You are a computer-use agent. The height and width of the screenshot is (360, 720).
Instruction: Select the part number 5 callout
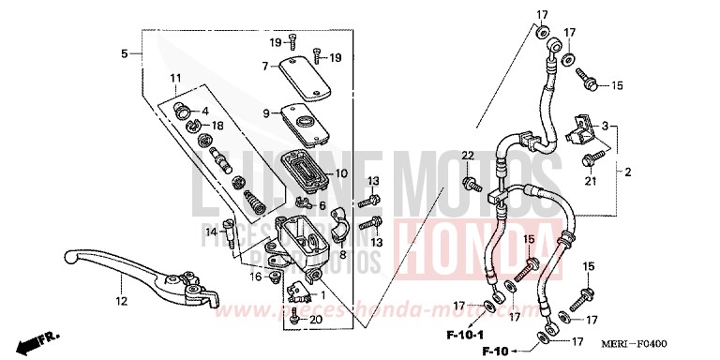click(x=124, y=53)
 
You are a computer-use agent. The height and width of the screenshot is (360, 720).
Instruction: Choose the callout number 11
click(x=173, y=77)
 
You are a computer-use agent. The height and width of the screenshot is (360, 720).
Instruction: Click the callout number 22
click(x=468, y=155)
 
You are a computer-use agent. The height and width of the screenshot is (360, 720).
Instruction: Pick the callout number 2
click(x=628, y=172)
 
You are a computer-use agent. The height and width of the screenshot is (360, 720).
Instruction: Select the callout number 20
click(x=315, y=320)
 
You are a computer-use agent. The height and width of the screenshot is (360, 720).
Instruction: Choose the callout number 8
click(x=342, y=254)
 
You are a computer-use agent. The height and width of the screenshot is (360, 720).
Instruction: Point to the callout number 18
click(x=217, y=126)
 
